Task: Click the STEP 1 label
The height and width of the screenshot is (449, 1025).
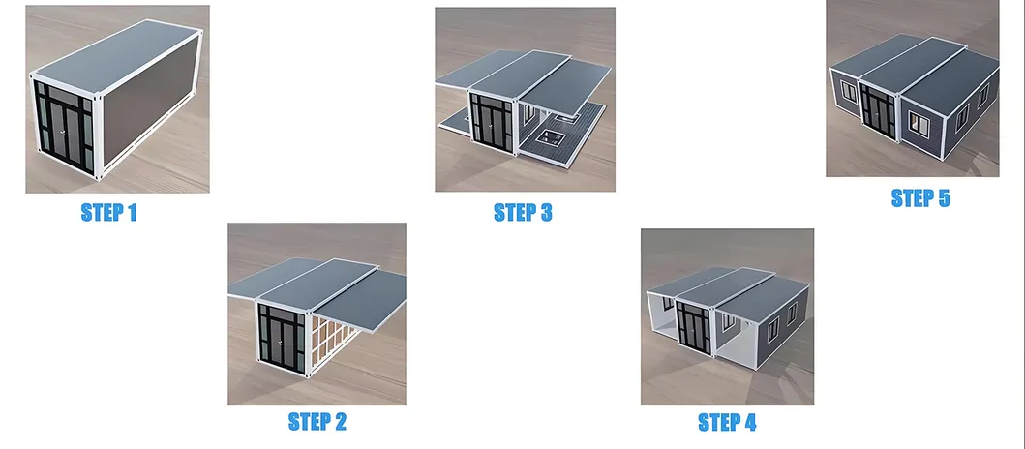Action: pyautogui.click(x=108, y=213)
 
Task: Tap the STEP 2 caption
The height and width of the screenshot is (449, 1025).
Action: pyautogui.click(x=317, y=422)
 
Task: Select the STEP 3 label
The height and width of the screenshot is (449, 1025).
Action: pyautogui.click(x=523, y=213)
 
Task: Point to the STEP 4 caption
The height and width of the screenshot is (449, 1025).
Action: pyautogui.click(x=727, y=422)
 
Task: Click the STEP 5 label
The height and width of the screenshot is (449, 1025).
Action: pyautogui.click(x=920, y=198)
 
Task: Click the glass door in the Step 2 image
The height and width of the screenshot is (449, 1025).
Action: pyautogui.click(x=281, y=338)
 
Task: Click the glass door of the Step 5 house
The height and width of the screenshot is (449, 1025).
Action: pyautogui.click(x=877, y=112)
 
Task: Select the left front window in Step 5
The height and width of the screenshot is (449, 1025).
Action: pyautogui.click(x=849, y=92)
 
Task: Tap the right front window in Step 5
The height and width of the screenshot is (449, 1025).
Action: pyautogui.click(x=919, y=124)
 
